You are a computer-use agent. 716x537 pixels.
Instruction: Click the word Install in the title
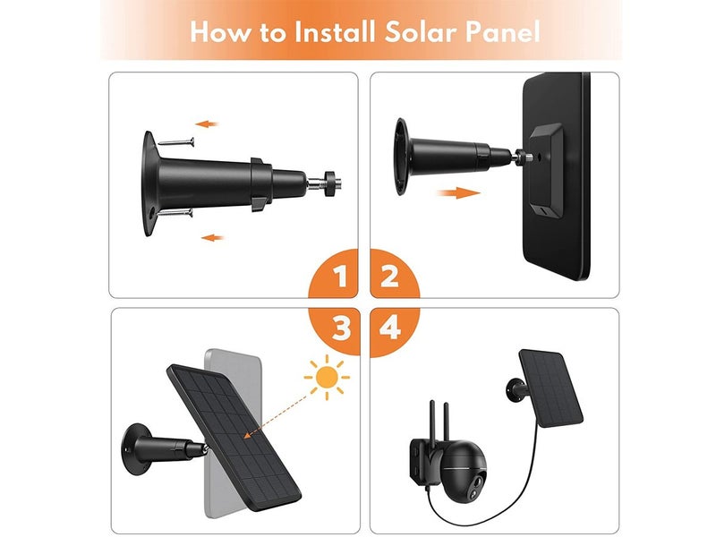tap(335, 32)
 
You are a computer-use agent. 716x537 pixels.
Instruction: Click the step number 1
tap(340, 277)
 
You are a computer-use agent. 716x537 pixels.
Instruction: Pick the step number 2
tap(389, 277)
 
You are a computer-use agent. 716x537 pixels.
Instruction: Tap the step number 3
tap(341, 328)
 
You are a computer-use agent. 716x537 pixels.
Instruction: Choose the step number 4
tap(390, 328)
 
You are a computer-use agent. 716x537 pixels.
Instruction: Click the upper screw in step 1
tap(176, 142)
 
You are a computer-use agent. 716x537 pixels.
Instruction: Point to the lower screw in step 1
tap(175, 212)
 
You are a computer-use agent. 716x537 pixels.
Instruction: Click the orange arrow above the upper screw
tap(207, 124)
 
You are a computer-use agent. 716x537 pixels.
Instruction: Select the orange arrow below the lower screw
tap(212, 237)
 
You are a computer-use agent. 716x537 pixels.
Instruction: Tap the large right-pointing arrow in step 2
tap(458, 193)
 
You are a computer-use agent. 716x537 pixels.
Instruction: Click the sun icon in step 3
tap(327, 378)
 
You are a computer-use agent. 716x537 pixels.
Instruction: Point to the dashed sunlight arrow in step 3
tap(276, 417)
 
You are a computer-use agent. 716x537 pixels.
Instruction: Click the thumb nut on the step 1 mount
tap(328, 183)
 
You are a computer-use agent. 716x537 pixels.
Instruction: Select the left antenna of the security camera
tap(432, 421)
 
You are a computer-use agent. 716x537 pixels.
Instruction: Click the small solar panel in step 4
tap(551, 388)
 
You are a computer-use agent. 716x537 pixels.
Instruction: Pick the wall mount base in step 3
tap(137, 449)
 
